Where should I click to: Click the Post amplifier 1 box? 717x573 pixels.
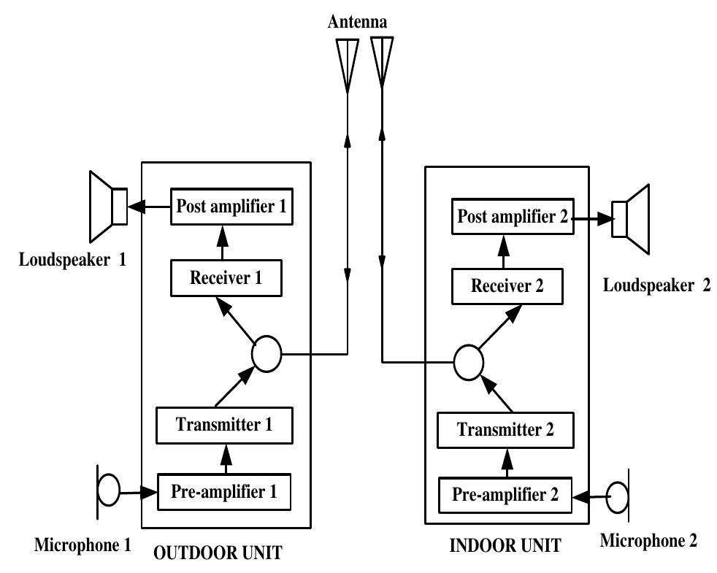point(231,207)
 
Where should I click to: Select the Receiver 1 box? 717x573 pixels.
point(226,278)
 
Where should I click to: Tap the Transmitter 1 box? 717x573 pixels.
point(224,425)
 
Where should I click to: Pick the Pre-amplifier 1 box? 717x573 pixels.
point(224,491)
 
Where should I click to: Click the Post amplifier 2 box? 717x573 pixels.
point(512,216)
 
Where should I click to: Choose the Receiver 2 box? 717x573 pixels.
point(507,286)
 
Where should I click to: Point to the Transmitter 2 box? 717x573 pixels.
point(505,430)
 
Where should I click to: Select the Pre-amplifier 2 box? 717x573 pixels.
point(505,496)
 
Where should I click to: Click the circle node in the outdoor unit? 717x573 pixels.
point(266,354)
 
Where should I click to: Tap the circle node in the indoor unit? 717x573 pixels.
point(468,361)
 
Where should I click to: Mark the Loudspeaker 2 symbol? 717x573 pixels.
point(632,218)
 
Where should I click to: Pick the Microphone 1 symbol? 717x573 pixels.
point(107,490)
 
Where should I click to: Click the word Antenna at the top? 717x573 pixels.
point(357,23)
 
